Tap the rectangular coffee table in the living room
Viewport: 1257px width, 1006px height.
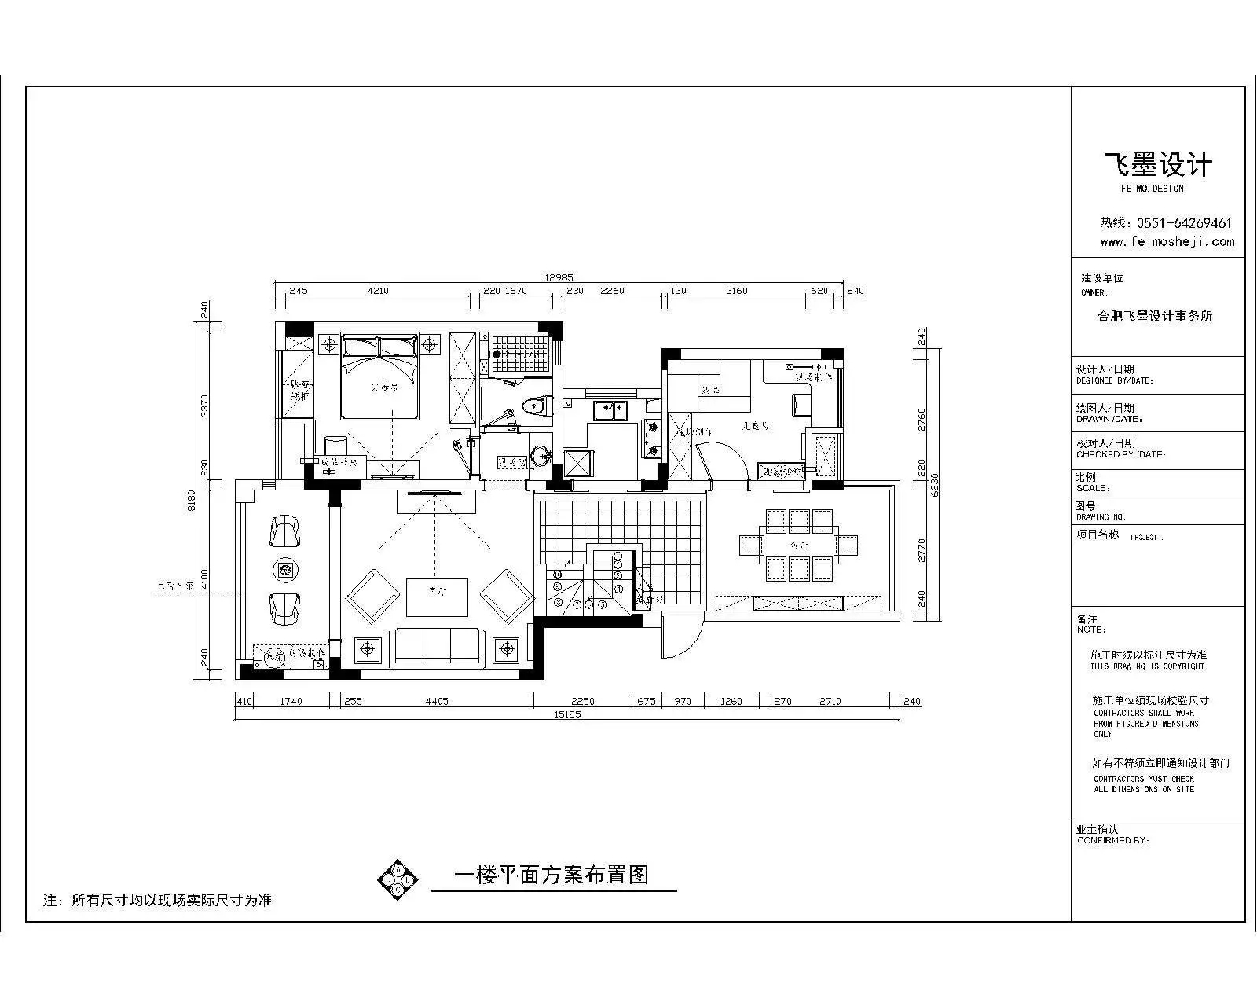437,597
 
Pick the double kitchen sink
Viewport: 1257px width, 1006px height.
609,408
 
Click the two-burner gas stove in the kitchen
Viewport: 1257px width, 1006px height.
652,439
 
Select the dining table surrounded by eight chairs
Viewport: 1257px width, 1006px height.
799,545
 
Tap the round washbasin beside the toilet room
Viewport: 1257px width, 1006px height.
541,454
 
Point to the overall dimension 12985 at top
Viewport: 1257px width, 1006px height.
559,277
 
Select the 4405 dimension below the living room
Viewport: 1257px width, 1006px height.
437,701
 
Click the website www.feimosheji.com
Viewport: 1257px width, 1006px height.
1167,242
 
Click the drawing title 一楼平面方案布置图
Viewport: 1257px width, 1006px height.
552,875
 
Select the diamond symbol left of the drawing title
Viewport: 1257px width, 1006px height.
398,878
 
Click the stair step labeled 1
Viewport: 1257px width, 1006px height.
618,588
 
